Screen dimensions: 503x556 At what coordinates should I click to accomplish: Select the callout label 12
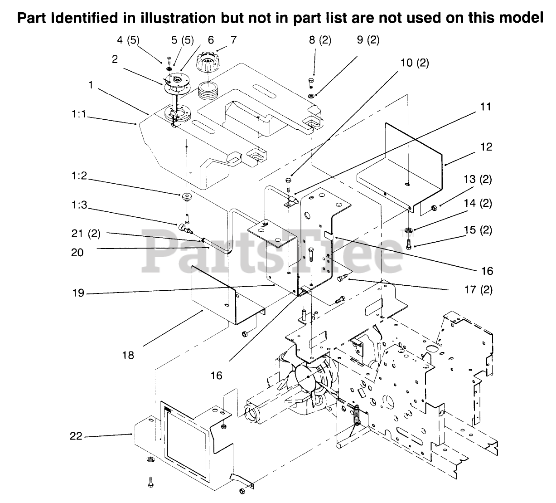click(484, 147)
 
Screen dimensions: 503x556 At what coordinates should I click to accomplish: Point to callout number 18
click(128, 355)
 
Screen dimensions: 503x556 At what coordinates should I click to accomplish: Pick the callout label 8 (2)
click(320, 40)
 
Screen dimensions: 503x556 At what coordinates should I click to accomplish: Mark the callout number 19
click(78, 293)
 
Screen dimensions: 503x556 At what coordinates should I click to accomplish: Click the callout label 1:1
click(79, 116)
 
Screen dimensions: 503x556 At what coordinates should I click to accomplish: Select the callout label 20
click(77, 252)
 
